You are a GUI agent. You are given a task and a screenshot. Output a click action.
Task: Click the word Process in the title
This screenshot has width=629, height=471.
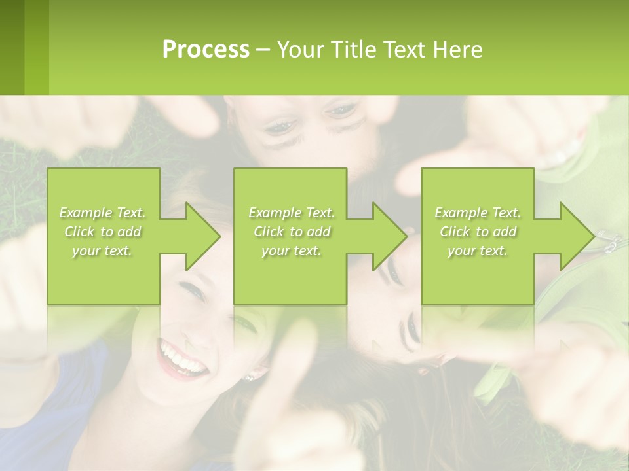(206, 50)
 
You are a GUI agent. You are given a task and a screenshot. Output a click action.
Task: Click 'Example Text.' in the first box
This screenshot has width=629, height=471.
(102, 213)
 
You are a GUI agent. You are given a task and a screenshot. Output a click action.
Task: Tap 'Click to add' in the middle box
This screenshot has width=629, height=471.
(292, 232)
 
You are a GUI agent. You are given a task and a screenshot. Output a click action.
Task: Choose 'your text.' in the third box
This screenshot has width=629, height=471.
(478, 251)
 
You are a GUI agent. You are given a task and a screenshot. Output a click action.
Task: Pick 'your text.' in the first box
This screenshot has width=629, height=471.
(102, 251)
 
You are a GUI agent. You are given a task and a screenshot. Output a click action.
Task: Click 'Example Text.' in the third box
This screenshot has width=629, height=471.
(478, 213)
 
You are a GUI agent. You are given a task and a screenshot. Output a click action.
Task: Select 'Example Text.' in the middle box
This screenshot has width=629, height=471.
(292, 213)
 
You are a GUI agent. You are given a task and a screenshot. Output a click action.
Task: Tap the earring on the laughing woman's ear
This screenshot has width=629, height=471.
(249, 377)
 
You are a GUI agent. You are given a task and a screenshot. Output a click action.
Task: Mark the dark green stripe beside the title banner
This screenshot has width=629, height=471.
(12, 47)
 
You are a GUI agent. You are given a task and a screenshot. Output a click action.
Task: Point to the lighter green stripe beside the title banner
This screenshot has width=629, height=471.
(37, 47)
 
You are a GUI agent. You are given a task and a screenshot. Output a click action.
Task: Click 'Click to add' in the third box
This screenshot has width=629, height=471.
(478, 232)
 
